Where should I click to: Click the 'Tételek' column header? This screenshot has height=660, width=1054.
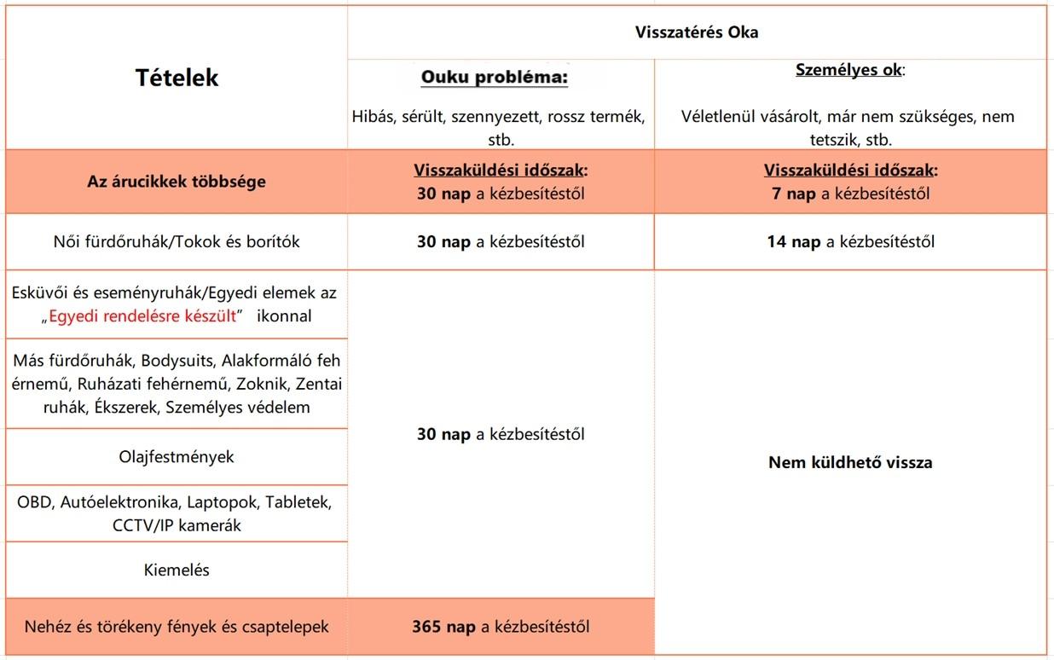point(177,78)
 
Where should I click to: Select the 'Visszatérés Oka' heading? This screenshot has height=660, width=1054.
point(696,32)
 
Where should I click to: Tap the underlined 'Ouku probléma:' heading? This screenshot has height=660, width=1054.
point(495,78)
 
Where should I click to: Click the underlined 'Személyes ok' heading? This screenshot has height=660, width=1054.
point(848,71)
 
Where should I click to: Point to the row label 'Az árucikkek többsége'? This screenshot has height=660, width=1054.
point(177,182)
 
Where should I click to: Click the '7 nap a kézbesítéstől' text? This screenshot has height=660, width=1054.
point(850,194)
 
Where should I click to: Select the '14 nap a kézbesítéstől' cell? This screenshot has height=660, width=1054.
point(850,242)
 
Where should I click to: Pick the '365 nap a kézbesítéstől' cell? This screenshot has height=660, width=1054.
point(501,627)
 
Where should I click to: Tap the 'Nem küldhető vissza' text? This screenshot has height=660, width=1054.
point(850,463)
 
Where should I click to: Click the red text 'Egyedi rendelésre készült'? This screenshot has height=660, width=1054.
point(142,316)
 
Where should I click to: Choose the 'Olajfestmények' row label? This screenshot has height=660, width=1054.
point(177,457)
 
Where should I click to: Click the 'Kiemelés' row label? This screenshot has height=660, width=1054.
point(177,570)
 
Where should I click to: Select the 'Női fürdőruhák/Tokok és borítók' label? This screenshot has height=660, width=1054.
point(177,242)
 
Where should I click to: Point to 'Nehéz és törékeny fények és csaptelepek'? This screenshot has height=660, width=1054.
point(177,627)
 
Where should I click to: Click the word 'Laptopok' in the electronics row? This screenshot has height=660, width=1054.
point(229,501)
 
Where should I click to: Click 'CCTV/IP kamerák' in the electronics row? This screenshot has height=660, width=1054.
point(177,525)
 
